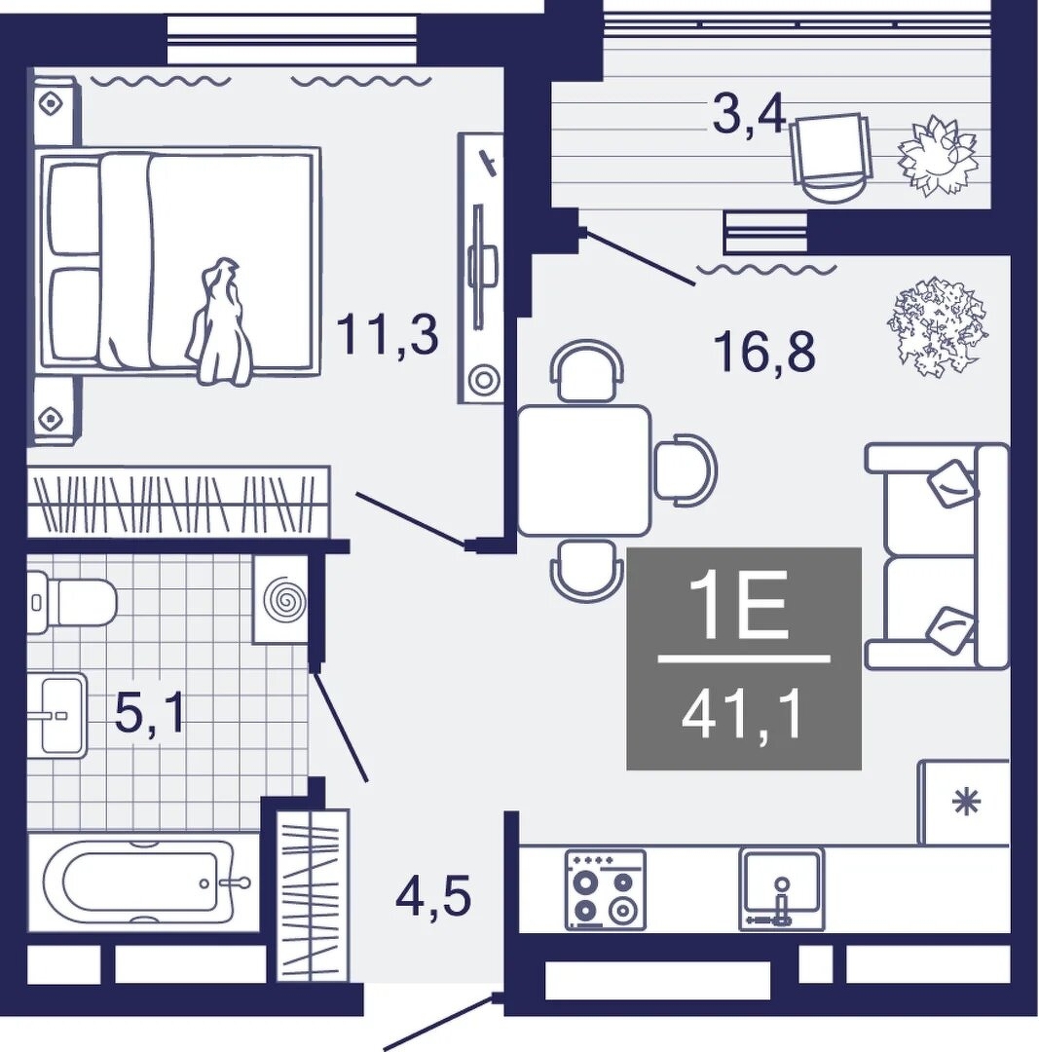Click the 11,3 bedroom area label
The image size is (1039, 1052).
point(387,335)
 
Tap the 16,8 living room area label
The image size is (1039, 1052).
point(764,352)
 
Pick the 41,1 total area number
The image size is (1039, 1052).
point(743,718)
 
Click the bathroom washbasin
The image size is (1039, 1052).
point(57,715)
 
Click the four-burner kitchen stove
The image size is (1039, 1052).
point(606,890)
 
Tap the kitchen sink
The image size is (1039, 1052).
point(782,889)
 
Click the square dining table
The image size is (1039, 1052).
point(584,470)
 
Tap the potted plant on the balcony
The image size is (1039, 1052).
point(937,156)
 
